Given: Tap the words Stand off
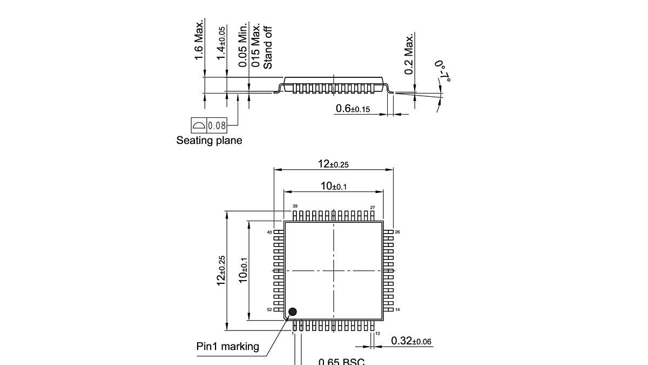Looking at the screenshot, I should (x=267, y=48).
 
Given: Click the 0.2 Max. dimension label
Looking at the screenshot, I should (x=409, y=54).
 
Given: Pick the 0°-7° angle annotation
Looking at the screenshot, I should (x=442, y=71).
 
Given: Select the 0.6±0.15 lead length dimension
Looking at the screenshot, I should (x=353, y=109).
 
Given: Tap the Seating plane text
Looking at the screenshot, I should (x=209, y=141).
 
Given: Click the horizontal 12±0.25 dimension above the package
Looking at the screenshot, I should (x=333, y=164).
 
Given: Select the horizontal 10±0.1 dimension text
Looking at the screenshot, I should (x=333, y=187).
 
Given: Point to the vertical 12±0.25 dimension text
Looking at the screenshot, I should (x=221, y=270).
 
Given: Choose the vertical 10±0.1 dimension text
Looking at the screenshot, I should (x=244, y=270).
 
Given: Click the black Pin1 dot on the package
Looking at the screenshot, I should (x=293, y=311).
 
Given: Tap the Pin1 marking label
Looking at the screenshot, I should (x=227, y=347).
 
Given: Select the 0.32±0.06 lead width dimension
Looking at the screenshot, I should (x=411, y=341).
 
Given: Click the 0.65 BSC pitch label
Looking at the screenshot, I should (x=341, y=361).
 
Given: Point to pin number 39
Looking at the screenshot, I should (x=295, y=207).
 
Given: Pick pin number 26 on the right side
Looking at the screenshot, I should (x=397, y=231).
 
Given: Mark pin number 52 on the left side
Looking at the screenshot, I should (x=269, y=310).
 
